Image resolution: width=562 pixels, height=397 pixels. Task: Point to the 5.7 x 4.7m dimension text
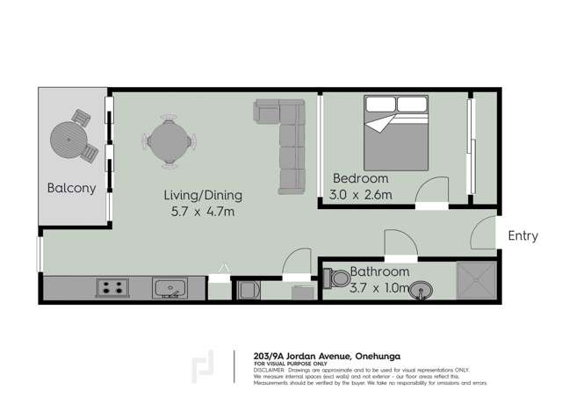203,212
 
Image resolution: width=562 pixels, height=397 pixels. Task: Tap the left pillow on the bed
380,105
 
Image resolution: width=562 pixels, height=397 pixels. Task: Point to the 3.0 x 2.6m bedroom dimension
360,194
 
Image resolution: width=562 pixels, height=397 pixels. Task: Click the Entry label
522,235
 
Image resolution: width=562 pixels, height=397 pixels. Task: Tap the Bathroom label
380,271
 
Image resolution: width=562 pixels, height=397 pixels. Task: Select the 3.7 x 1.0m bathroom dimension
380,287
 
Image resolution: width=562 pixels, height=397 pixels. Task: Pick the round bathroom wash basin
424,288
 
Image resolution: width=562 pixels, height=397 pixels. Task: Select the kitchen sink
169,287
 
